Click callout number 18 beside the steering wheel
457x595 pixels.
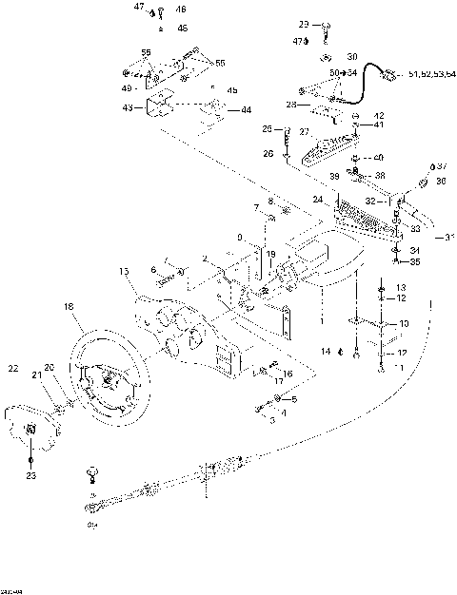68,306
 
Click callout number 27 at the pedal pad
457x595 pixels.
305,132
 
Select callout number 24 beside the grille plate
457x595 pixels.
316,201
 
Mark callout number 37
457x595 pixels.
442,164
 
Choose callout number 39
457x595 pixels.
334,177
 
